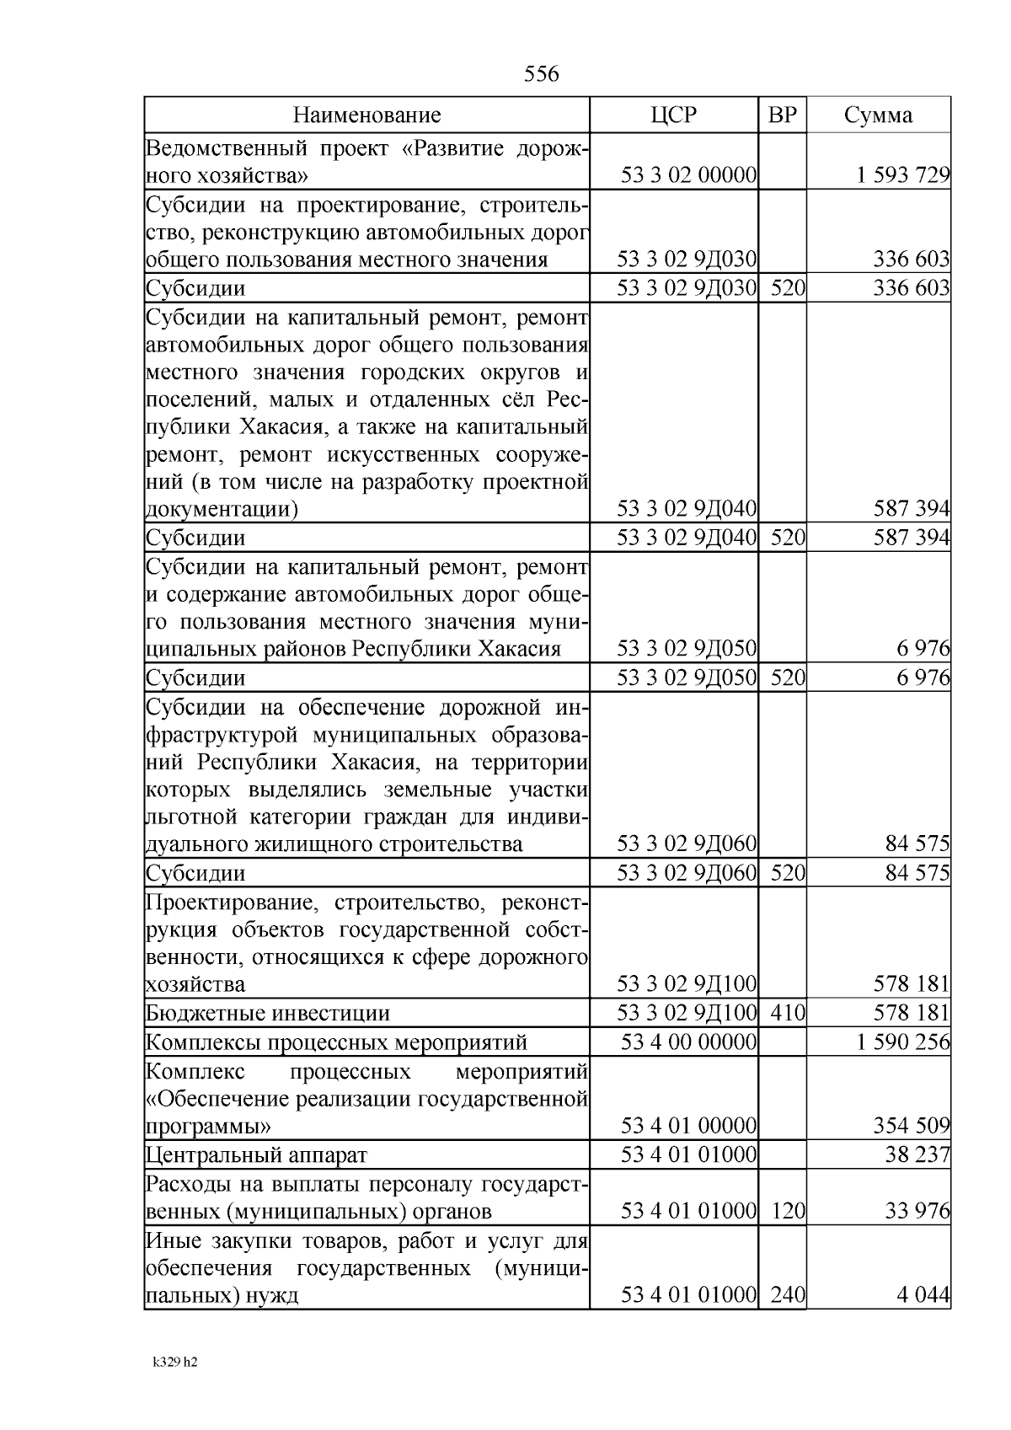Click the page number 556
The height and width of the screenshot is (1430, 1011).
click(x=541, y=74)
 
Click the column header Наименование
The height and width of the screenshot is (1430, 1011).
click(x=366, y=115)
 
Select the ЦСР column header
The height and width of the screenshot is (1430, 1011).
click(x=674, y=115)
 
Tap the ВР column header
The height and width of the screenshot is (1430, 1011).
click(x=782, y=115)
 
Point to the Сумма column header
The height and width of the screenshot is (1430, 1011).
click(x=878, y=115)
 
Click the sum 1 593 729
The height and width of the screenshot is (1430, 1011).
click(x=903, y=175)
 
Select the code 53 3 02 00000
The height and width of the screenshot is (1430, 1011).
click(x=688, y=175)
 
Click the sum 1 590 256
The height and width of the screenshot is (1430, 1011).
click(x=903, y=1042)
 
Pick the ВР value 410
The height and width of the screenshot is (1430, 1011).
click(x=788, y=1013)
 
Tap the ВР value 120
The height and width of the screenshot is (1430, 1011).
click(x=788, y=1212)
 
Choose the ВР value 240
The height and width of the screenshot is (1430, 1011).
click(x=788, y=1294)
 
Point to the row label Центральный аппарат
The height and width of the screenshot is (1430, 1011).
click(x=257, y=1154)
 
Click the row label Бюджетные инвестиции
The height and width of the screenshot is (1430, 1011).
click(x=268, y=1014)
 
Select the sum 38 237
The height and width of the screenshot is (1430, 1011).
click(x=917, y=1154)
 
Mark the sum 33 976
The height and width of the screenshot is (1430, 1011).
click(x=917, y=1212)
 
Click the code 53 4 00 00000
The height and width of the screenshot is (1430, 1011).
click(x=688, y=1042)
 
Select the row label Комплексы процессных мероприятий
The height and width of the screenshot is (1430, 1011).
click(x=337, y=1043)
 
